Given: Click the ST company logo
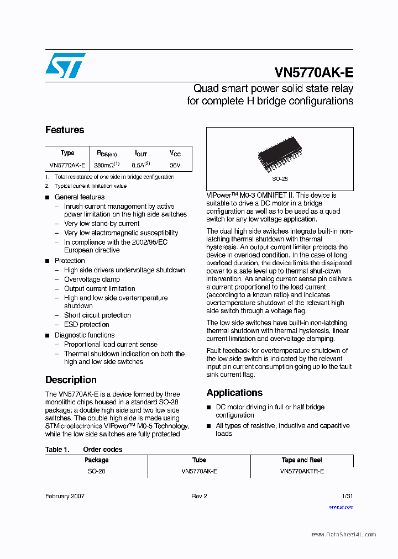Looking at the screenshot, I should click(65, 66).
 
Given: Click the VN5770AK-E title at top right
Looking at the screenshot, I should click(313, 73).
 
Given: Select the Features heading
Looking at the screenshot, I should click(65, 130).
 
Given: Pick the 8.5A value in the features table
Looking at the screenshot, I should click(140, 165).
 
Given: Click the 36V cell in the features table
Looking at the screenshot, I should click(175, 165).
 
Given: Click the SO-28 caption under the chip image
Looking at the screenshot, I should click(280, 179).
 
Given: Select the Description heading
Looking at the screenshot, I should click(71, 380).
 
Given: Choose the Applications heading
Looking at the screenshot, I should click(234, 393).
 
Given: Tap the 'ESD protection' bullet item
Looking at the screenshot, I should click(86, 325).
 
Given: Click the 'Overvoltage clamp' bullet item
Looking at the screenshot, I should click(92, 279).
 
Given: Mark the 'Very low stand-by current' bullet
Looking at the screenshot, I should click(102, 224).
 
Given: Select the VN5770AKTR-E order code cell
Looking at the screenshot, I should click(302, 471).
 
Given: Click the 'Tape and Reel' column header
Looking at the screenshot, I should click(302, 460).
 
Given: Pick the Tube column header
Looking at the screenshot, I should click(199, 460).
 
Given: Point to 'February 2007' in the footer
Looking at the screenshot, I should click(65, 496).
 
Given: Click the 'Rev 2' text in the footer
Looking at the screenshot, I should click(199, 496).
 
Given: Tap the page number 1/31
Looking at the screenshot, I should click(347, 496).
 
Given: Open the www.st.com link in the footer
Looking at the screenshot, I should click(341, 507).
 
